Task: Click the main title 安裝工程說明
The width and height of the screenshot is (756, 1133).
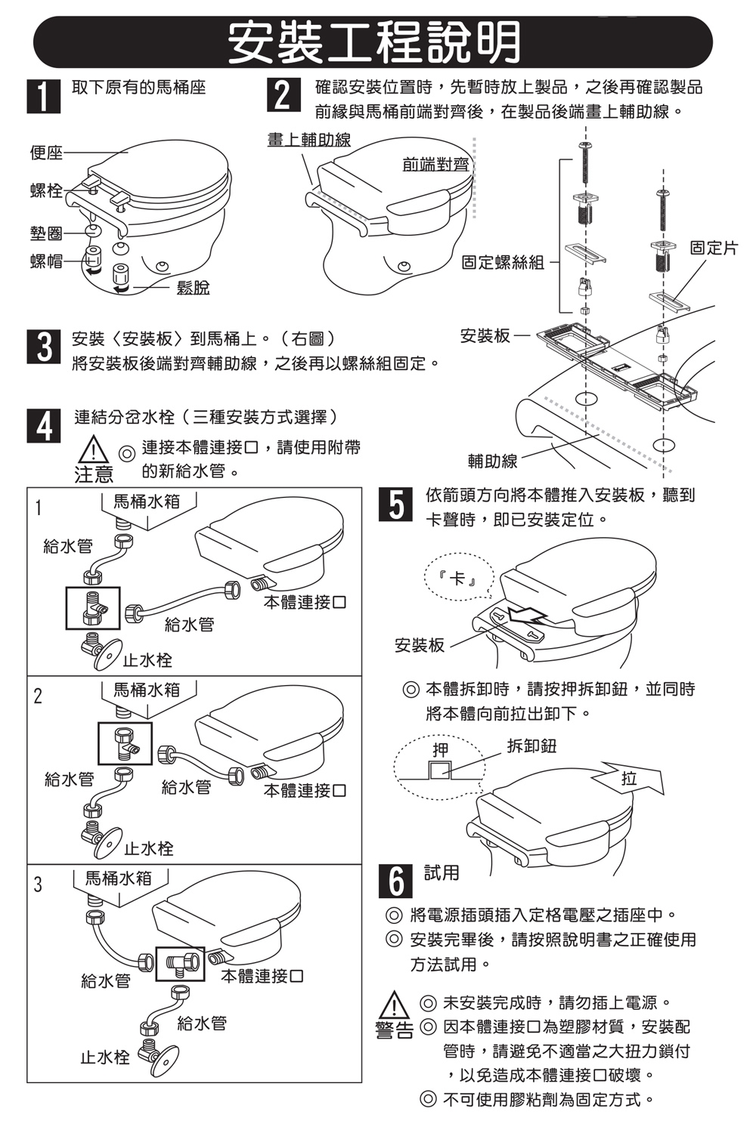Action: [373, 42]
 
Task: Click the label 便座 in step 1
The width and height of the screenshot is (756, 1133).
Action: [47, 153]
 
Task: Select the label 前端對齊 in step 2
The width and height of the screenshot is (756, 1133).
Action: [435, 163]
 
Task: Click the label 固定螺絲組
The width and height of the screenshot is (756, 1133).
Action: [503, 262]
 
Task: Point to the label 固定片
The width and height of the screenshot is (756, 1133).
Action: [713, 248]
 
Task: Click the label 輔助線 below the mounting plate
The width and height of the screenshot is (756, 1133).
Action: [493, 461]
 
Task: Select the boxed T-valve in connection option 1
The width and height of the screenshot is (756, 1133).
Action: [92, 607]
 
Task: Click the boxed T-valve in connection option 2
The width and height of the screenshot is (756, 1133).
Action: [125, 742]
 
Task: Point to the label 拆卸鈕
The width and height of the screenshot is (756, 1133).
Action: [531, 746]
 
